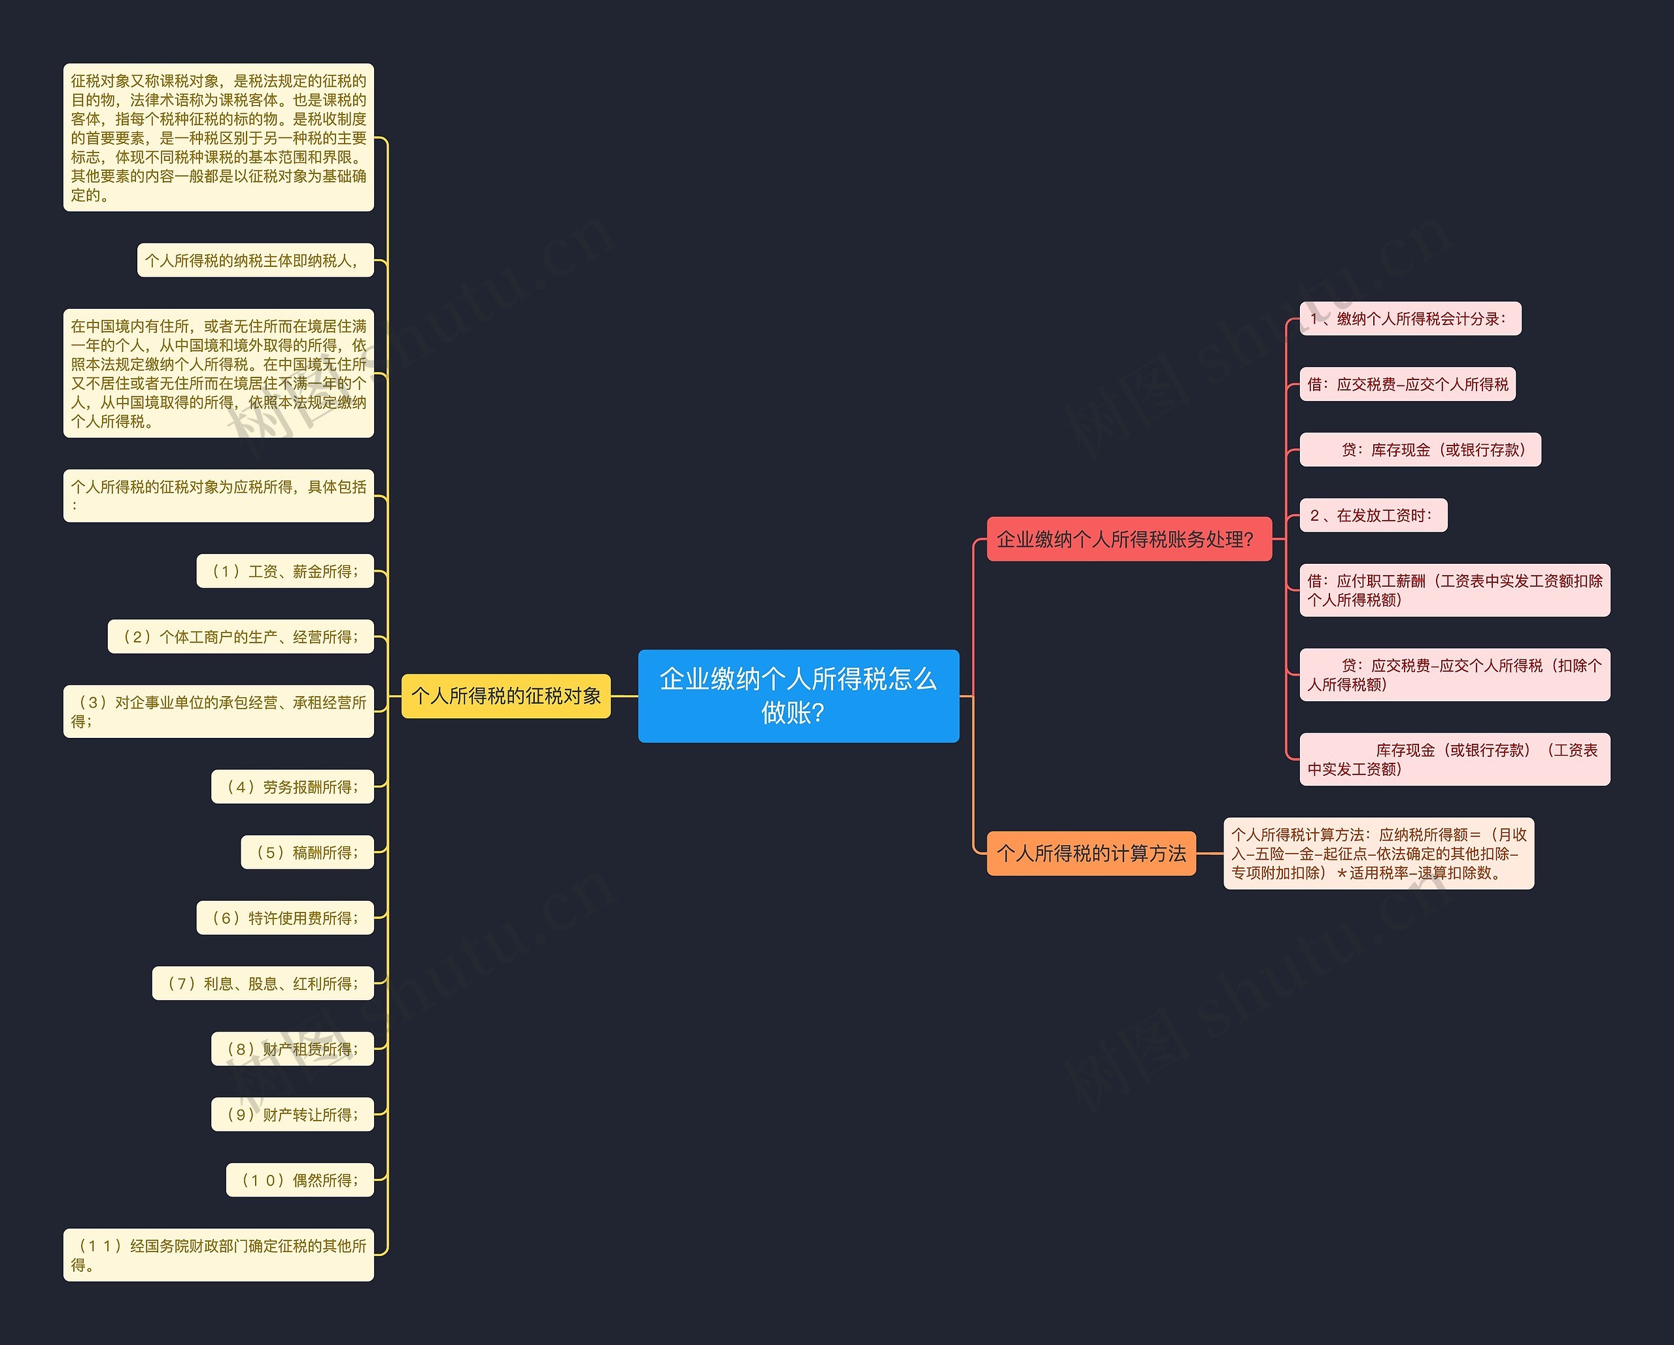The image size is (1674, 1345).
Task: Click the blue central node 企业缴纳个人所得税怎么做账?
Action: [x=798, y=696]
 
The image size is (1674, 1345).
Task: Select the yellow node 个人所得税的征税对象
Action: [x=505, y=696]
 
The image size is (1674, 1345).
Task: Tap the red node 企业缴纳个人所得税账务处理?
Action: [x=1129, y=539]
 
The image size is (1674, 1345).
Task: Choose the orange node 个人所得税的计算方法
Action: [x=1091, y=854]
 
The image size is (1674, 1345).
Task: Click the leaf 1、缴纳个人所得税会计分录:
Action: [x=1410, y=319]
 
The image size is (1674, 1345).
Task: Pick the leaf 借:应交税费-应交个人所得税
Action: [x=1407, y=385]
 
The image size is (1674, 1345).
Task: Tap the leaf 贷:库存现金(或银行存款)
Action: [x=1420, y=449]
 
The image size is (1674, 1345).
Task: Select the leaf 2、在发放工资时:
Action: [x=1373, y=515]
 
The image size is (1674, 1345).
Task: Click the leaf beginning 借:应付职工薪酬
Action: [x=1454, y=590]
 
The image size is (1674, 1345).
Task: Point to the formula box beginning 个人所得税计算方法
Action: [x=1378, y=854]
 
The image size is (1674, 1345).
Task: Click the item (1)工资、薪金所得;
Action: [x=285, y=572]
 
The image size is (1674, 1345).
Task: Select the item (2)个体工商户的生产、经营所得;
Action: [x=241, y=637]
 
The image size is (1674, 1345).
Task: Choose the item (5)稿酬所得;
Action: [x=307, y=852]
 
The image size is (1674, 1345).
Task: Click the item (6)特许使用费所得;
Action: [x=285, y=918]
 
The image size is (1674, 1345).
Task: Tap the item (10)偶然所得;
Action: [x=299, y=1180]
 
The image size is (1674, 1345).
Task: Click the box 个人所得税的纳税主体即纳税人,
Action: [x=256, y=260]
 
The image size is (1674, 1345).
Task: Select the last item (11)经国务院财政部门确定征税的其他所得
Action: [x=218, y=1255]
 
